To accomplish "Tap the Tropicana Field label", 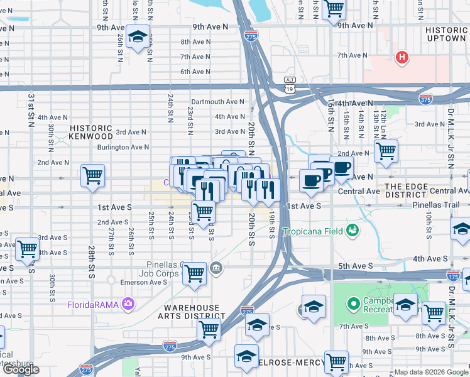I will [313, 231].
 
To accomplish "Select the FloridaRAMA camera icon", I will [129, 305].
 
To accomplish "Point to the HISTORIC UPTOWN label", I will [445, 34].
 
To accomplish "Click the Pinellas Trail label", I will [437, 205].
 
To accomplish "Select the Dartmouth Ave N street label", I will [217, 101].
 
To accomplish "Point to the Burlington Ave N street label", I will [123, 147].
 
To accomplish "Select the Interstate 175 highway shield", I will [453, 275].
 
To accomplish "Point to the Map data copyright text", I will [430, 372].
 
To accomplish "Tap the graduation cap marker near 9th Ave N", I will [136, 37].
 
